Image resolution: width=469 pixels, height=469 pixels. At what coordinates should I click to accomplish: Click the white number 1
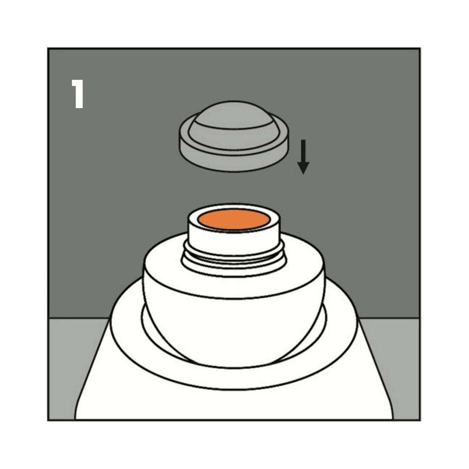[x=78, y=94]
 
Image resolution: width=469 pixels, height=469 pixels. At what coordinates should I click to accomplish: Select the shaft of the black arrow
[x=303, y=151]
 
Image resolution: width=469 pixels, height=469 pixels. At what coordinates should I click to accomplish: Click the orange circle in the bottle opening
[x=234, y=220]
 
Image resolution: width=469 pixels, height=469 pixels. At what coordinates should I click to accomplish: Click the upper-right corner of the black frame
[x=420, y=48]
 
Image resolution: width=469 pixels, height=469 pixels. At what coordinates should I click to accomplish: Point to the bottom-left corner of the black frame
[x=48, y=420]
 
